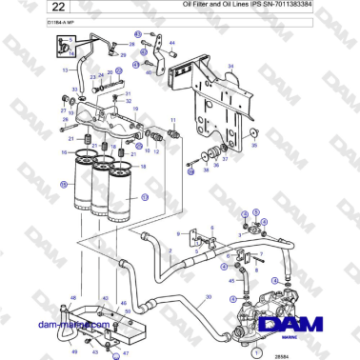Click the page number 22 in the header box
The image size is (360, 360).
18,7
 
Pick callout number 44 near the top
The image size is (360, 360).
171,44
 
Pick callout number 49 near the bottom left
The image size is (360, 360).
74,351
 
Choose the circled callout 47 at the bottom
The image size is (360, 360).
115,353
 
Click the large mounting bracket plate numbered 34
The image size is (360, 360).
219,105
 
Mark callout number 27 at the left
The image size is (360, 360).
64,110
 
